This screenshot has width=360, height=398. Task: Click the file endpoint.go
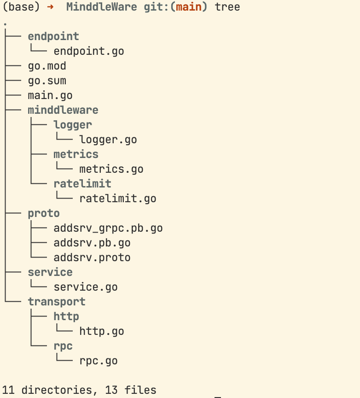89,52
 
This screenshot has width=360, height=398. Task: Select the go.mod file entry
47,66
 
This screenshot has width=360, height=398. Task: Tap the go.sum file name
47,81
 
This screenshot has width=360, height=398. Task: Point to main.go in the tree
50,96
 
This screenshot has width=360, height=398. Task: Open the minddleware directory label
63,110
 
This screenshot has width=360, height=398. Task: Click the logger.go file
108,140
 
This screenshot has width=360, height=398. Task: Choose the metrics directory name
76,154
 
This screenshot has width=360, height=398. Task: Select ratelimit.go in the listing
118,199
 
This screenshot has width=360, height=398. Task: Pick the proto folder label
44,214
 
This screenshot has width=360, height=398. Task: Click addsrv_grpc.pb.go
108,228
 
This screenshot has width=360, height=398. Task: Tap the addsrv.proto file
92,258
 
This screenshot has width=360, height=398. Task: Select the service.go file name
86,287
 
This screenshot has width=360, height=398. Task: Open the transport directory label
57,302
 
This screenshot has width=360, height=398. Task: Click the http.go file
102,332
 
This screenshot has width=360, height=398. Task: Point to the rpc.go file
99,361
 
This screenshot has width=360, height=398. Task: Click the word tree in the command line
227,7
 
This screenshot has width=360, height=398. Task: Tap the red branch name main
189,7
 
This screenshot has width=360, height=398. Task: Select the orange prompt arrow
50,7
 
